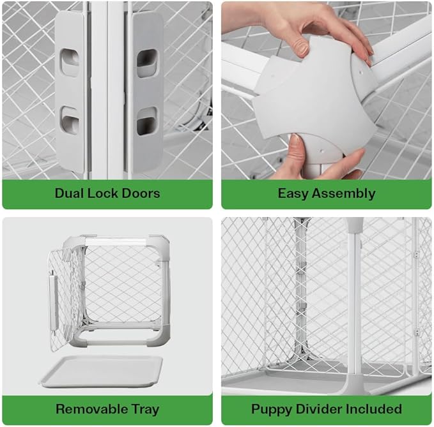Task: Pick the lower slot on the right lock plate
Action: point(146,121)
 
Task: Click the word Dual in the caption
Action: point(69,193)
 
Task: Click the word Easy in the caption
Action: point(293,193)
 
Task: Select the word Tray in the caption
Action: point(143,408)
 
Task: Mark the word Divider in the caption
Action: point(319,408)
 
